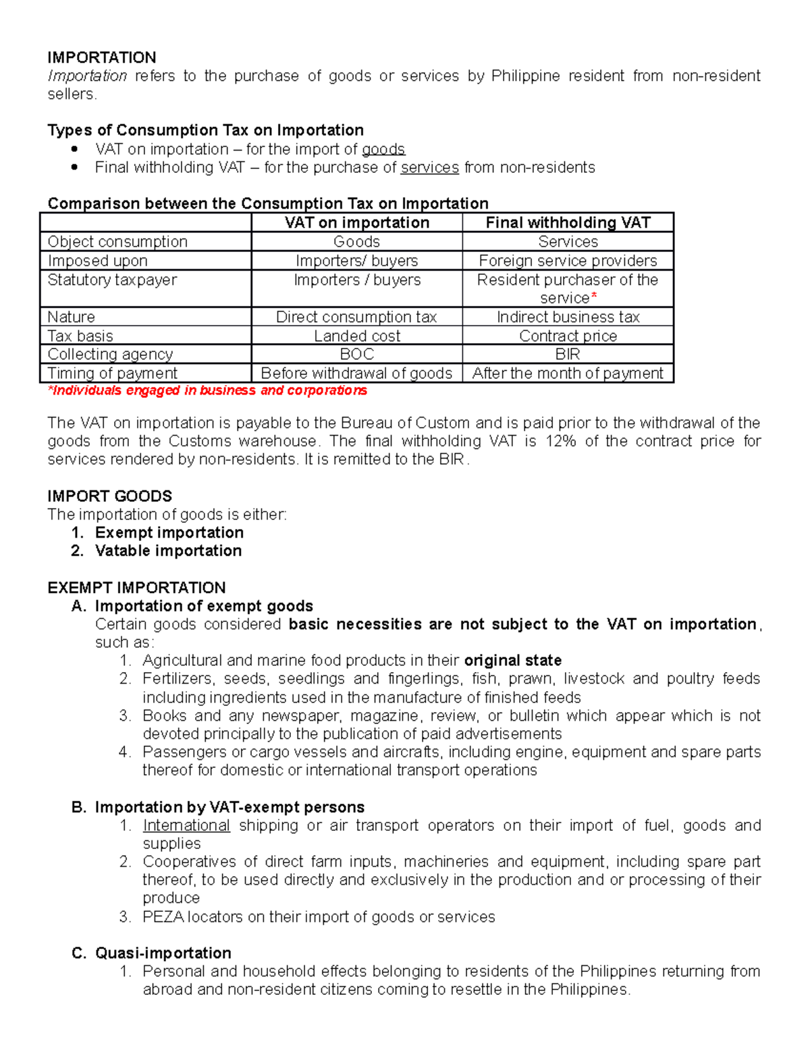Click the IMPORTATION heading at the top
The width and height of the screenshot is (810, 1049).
tap(101, 57)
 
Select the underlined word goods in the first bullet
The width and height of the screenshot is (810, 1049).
tap(383, 149)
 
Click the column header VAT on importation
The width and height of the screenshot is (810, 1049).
tap(356, 223)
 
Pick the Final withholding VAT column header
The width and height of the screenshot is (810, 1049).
tap(568, 223)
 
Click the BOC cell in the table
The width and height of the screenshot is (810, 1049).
tap(356, 355)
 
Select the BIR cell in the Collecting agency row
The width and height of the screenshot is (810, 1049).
tap(568, 355)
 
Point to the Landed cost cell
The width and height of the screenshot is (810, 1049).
tap(356, 336)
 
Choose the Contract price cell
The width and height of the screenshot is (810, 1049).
tap(568, 336)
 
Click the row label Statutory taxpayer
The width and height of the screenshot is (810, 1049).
tap(112, 280)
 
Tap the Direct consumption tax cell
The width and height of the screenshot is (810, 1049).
tap(356, 317)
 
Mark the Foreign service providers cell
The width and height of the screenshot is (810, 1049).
tap(568, 261)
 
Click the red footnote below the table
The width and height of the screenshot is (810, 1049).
tap(207, 390)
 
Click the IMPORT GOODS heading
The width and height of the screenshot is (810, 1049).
tap(109, 496)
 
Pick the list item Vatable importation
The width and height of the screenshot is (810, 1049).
tap(168, 551)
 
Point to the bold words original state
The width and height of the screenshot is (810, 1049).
tap(513, 661)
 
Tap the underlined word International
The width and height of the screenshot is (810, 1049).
tap(186, 825)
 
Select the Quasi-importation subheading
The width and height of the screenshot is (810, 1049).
tap(163, 953)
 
